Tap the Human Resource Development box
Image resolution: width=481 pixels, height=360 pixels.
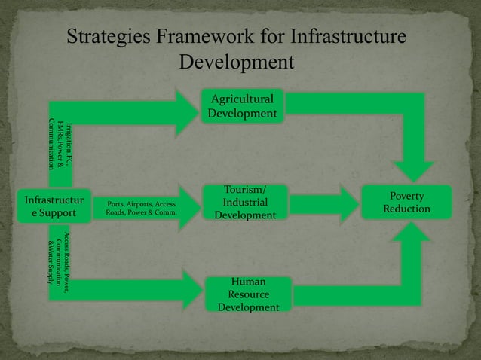point(249,294)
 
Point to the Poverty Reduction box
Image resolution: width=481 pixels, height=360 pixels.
point(407,203)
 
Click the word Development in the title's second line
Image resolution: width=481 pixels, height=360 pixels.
point(235,61)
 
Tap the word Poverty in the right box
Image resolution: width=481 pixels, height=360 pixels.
point(406,196)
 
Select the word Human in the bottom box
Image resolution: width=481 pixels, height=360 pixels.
point(248,282)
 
